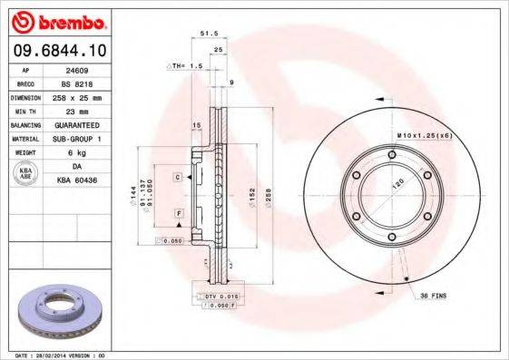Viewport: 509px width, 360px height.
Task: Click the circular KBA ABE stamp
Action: pyautogui.click(x=26, y=174)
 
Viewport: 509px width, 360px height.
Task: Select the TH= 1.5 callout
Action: pyautogui.click(x=185, y=67)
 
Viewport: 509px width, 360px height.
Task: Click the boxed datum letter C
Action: pyautogui.click(x=178, y=176)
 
